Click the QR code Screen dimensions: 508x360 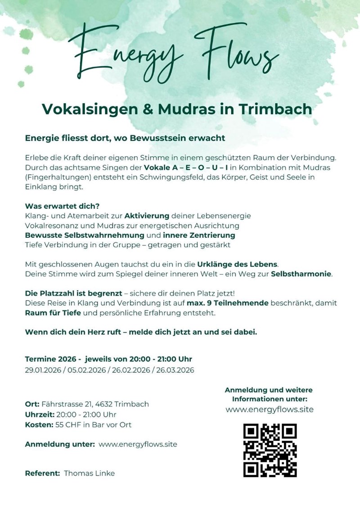click(x=270, y=450)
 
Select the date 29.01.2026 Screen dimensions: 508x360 click(x=43, y=371)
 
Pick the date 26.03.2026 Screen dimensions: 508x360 click(x=173, y=371)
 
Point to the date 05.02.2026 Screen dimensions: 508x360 click(x=86, y=371)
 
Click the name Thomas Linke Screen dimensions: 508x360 click(x=89, y=473)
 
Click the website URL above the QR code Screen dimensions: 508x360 click(x=269, y=409)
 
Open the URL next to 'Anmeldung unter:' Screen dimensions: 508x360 click(x=138, y=444)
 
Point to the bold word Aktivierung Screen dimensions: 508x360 click(x=147, y=216)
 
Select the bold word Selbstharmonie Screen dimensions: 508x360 click(x=301, y=274)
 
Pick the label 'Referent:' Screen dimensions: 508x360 click(x=42, y=473)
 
